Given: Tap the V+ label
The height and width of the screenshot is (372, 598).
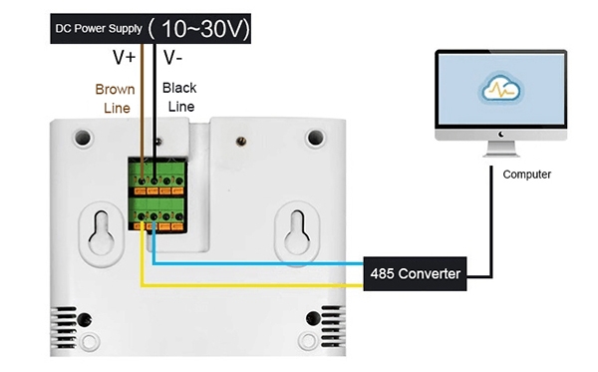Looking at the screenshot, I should coord(124,58).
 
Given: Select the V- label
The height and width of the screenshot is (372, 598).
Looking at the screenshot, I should coord(172,58).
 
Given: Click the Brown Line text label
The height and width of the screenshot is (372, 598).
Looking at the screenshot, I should coord(115,98).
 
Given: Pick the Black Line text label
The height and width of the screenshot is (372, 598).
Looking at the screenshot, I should coord(179,97).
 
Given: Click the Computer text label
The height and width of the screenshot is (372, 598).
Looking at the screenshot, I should coord(527,175).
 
